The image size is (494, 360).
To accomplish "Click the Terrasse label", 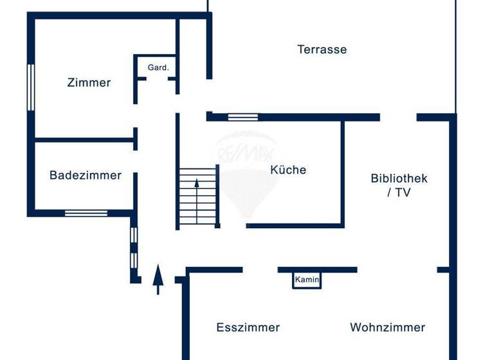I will click(x=322, y=50).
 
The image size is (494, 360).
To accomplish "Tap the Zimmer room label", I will click(x=89, y=82).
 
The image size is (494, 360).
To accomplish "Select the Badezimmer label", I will click(x=85, y=175).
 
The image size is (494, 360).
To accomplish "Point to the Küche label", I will click(x=288, y=170).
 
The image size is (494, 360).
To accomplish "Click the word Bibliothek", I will click(x=399, y=179).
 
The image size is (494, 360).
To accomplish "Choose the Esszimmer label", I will click(x=248, y=328).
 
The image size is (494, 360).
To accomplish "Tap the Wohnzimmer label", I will click(x=387, y=328).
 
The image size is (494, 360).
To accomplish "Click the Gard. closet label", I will click(x=158, y=67).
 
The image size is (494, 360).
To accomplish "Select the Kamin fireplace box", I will click(x=307, y=280).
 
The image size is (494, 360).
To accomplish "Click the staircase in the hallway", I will click(x=197, y=196).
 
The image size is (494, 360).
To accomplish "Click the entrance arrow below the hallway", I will click(x=158, y=278).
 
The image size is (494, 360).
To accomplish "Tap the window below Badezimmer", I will click(x=86, y=213).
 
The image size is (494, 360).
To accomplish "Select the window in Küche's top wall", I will click(x=242, y=117).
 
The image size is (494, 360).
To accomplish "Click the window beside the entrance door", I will click(x=134, y=248).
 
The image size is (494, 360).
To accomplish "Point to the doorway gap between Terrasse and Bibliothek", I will click(x=398, y=117).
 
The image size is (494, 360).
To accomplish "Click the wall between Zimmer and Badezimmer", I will click(x=84, y=139).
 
